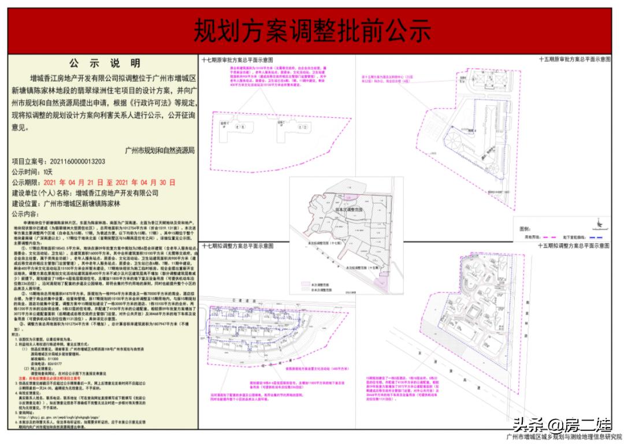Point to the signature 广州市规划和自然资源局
tap(160, 150)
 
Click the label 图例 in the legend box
tap(525, 229)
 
